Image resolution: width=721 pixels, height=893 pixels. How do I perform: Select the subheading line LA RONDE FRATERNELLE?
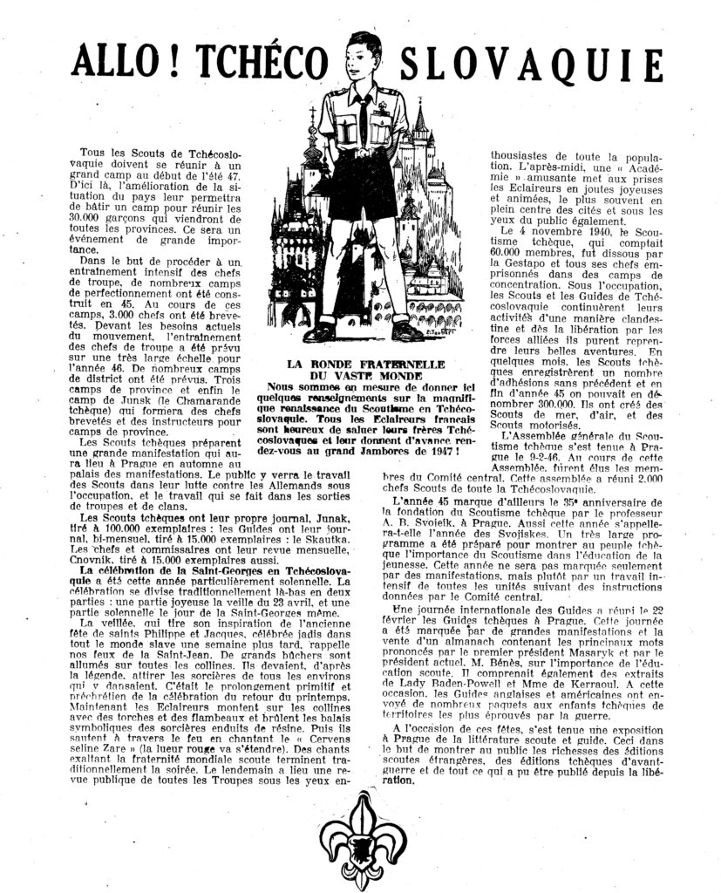coord(363,363)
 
